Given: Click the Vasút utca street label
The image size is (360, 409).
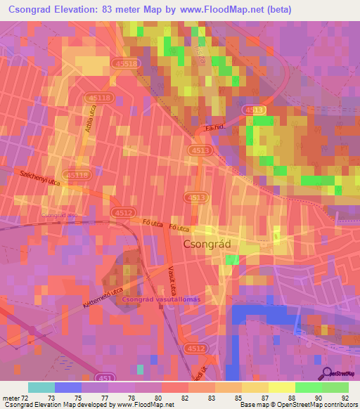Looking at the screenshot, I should [172, 279].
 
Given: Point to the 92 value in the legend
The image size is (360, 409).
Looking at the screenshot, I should [345, 398].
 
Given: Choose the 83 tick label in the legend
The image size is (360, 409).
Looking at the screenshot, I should [201, 398].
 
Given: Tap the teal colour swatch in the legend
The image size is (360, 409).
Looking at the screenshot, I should [41, 387].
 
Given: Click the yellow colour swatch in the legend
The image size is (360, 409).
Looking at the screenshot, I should [255, 387].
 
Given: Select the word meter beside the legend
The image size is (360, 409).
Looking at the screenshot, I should [10, 398].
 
